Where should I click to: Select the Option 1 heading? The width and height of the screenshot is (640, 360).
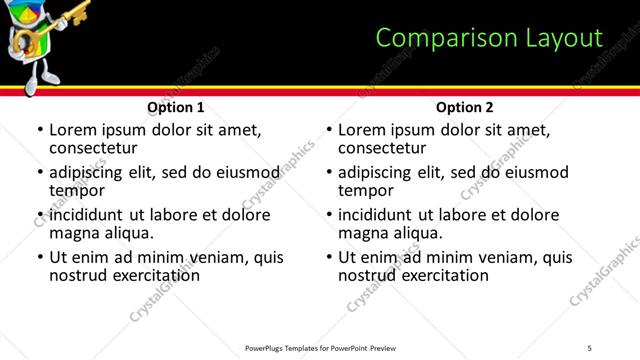[x=176, y=107]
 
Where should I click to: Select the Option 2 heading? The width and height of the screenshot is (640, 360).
[x=465, y=107]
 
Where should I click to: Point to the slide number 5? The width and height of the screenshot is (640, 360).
[x=590, y=347]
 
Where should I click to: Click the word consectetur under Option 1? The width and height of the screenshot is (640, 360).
[x=92, y=148]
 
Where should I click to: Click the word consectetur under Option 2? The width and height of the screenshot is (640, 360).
[x=381, y=148]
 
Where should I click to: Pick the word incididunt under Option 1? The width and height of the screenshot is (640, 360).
[x=85, y=215]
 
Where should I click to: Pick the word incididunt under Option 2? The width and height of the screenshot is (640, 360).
[x=374, y=215]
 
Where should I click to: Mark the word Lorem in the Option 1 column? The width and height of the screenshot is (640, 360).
[x=72, y=130]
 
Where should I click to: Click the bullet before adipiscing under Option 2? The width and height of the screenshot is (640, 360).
[x=329, y=173]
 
